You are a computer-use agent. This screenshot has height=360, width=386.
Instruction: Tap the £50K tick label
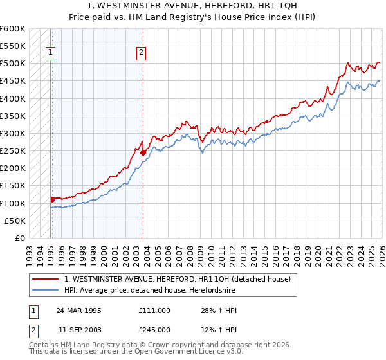pos(15,221)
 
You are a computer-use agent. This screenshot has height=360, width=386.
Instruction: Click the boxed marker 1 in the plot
pos(50,54)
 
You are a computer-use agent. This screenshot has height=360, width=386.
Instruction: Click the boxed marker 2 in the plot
pos(141,54)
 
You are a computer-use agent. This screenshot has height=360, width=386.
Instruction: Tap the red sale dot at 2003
pos(143,153)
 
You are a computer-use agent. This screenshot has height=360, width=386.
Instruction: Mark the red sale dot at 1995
pos(52,199)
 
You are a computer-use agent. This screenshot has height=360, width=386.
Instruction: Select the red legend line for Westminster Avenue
pos(46,279)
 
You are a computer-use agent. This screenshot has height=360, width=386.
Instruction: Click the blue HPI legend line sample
pos(46,290)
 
